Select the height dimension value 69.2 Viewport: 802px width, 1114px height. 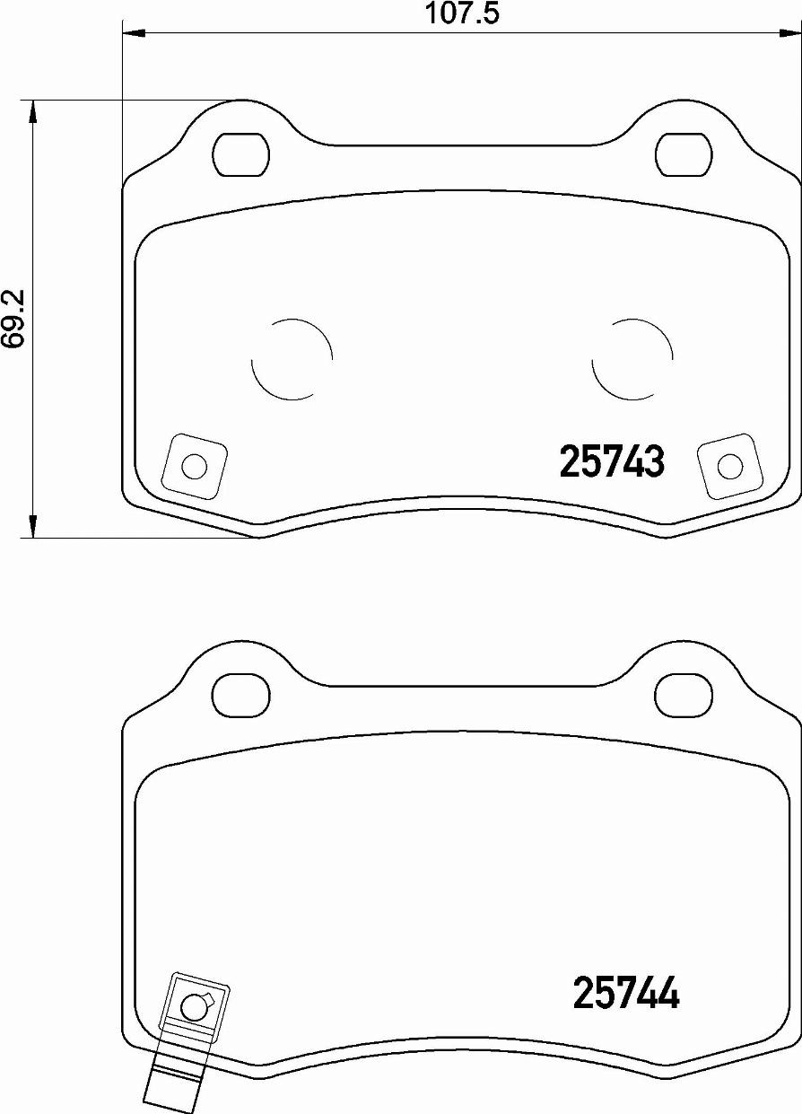12,319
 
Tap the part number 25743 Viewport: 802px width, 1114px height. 612,462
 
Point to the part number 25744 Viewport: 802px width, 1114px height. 625,993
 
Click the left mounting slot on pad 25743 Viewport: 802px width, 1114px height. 241,154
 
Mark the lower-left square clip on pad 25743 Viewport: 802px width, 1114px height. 193,467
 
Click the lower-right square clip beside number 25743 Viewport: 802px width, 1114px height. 730,466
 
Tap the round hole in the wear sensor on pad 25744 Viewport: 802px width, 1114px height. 194,1007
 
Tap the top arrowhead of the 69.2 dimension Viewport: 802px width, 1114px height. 33,112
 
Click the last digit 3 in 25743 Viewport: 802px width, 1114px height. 654,462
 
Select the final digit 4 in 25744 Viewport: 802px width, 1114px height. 668,993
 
